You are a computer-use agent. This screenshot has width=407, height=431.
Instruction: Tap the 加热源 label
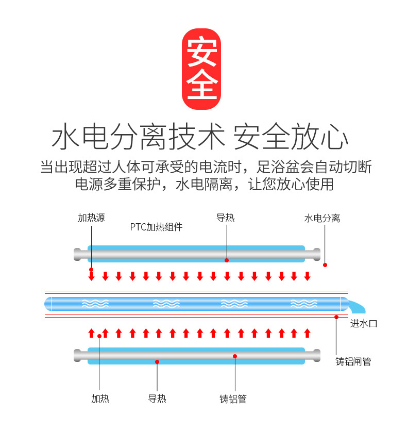coord(91,218)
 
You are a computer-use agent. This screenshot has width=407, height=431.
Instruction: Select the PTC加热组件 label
coord(156,227)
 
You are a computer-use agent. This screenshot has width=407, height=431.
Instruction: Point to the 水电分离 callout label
coord(322,219)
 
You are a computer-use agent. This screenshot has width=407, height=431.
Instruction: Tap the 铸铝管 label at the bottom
coord(233,399)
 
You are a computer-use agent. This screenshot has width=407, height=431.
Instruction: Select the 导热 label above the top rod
coord(226,218)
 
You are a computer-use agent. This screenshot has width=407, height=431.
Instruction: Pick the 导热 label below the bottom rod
coord(157,399)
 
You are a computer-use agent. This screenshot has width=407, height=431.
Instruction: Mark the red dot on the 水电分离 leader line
coord(325,265)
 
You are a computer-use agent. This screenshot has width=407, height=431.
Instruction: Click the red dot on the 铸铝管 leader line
coord(234,356)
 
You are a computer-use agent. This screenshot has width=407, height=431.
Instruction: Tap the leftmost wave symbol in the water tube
coord(96,304)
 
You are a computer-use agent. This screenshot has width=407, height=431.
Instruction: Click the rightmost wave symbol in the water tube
coord(303,304)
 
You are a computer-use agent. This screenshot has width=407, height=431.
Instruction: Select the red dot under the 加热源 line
coord(91,270)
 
